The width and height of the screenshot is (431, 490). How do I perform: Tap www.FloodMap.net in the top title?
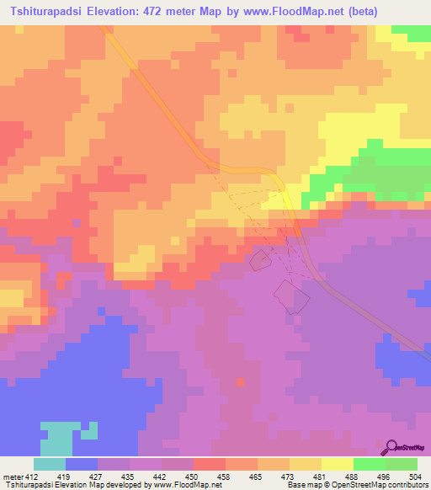pos(284,12)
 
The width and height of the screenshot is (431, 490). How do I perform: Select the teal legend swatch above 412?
pos(50,464)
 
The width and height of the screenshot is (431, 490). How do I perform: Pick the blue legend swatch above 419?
pos(82,464)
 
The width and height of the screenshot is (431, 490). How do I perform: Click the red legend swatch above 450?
pos(210,464)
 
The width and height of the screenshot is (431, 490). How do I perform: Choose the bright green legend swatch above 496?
pos(370,464)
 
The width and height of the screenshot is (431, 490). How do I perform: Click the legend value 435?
pos(130,477)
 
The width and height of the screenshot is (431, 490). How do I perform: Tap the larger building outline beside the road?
pos(290,297)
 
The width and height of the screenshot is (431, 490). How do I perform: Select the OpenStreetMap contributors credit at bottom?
pos(380,485)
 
